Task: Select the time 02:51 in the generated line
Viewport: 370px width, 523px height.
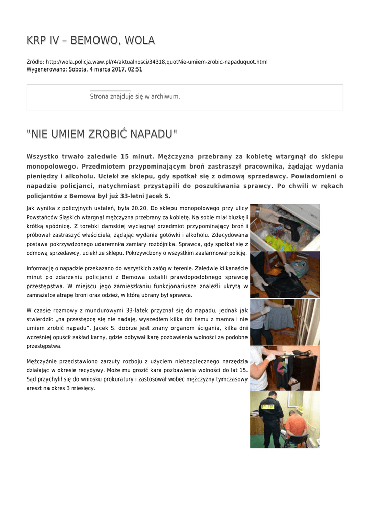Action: pos(135,69)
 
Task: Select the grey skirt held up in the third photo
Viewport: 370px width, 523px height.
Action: pos(279,318)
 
